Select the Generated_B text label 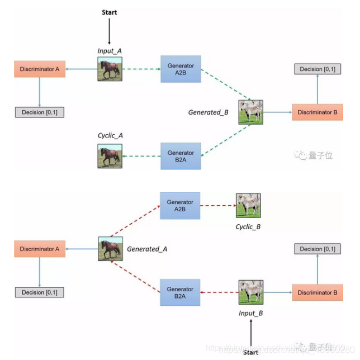coord(209,112)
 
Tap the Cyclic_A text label coord(110,135)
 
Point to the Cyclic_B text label coord(248,226)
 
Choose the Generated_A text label coord(148,249)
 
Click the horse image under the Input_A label coord(110,69)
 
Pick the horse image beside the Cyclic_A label coord(110,155)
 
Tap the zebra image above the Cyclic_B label coord(248,205)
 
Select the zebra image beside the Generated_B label coord(250,112)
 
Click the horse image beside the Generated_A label coord(110,249)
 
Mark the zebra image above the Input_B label coord(251,292)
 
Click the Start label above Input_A coord(110,12)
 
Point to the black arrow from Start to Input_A coord(110,31)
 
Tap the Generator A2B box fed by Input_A coord(181,69)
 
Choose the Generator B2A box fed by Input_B coord(180,292)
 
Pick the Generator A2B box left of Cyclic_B coord(180,205)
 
